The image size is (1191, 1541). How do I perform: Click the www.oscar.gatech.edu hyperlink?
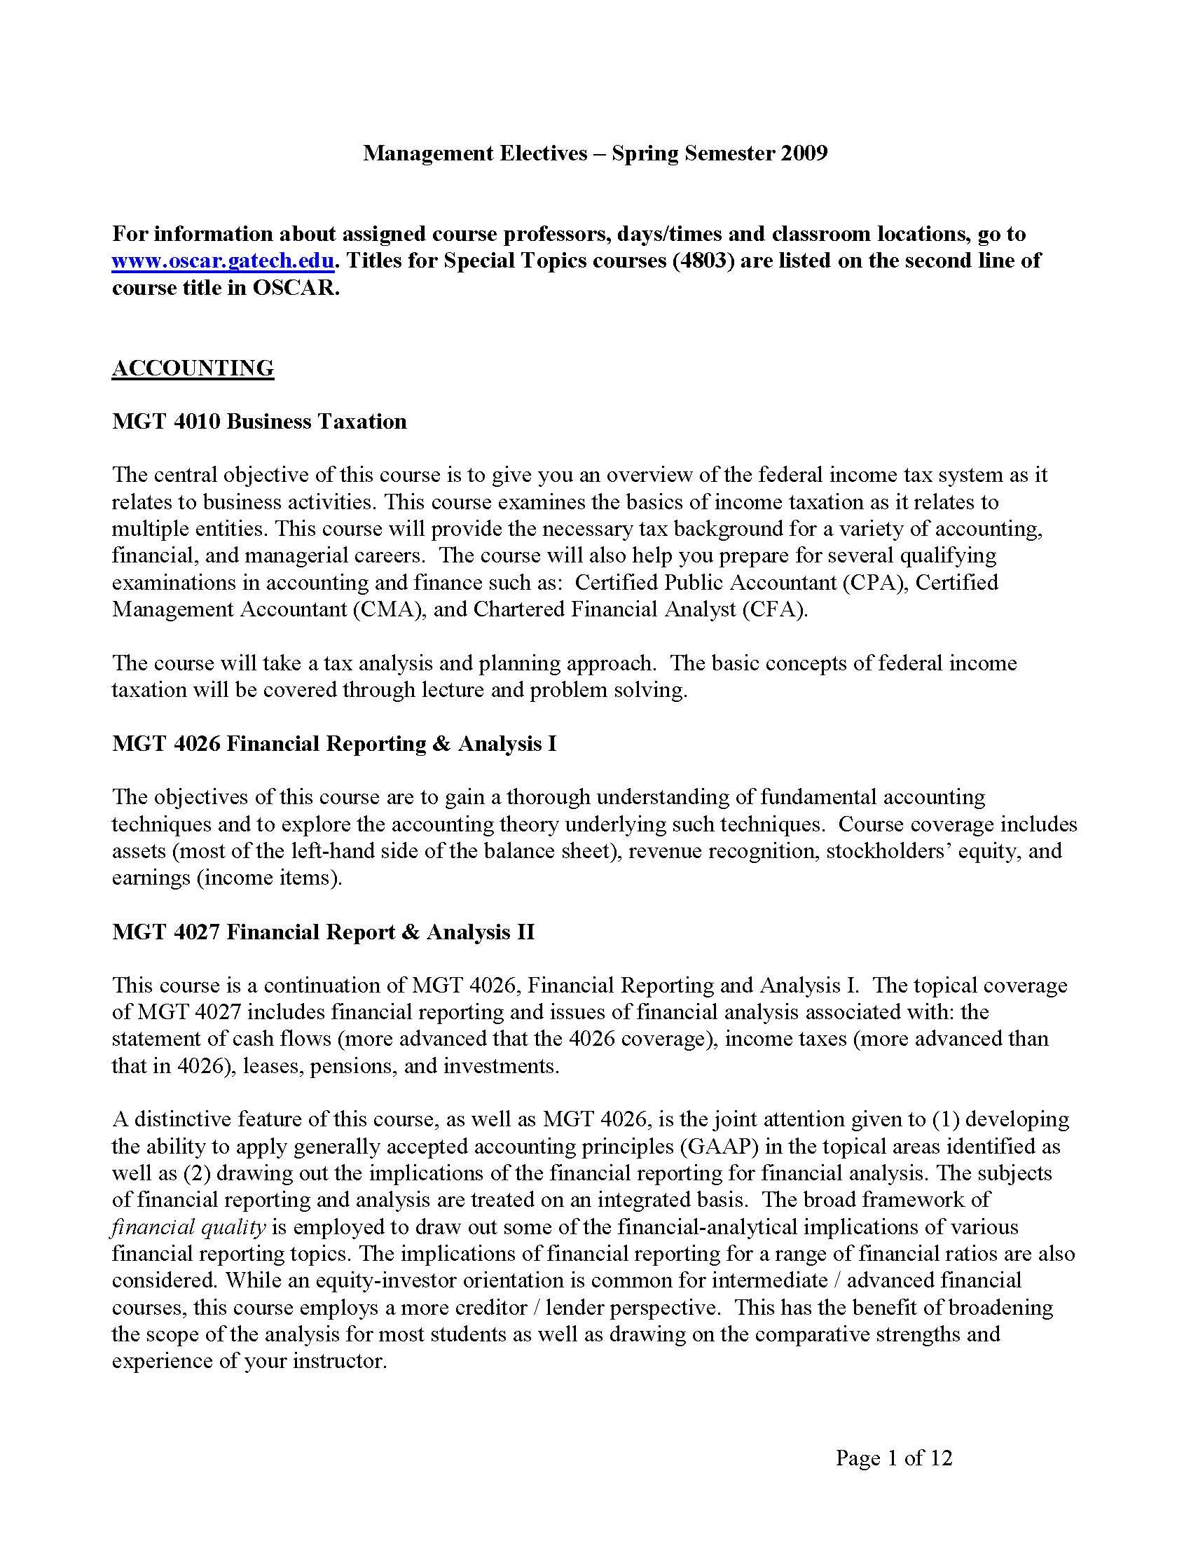(222, 261)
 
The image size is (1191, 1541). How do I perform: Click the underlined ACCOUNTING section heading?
(193, 368)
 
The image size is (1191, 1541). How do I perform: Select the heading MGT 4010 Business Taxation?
(259, 421)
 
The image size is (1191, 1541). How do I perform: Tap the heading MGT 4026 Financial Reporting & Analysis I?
(333, 744)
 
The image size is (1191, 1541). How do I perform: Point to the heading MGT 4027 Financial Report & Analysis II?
(323, 932)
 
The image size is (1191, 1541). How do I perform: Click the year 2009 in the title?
(804, 153)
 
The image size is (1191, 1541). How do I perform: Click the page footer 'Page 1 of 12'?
(894, 1458)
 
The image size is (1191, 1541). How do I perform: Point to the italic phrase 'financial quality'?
(188, 1227)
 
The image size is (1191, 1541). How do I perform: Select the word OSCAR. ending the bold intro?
(296, 288)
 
